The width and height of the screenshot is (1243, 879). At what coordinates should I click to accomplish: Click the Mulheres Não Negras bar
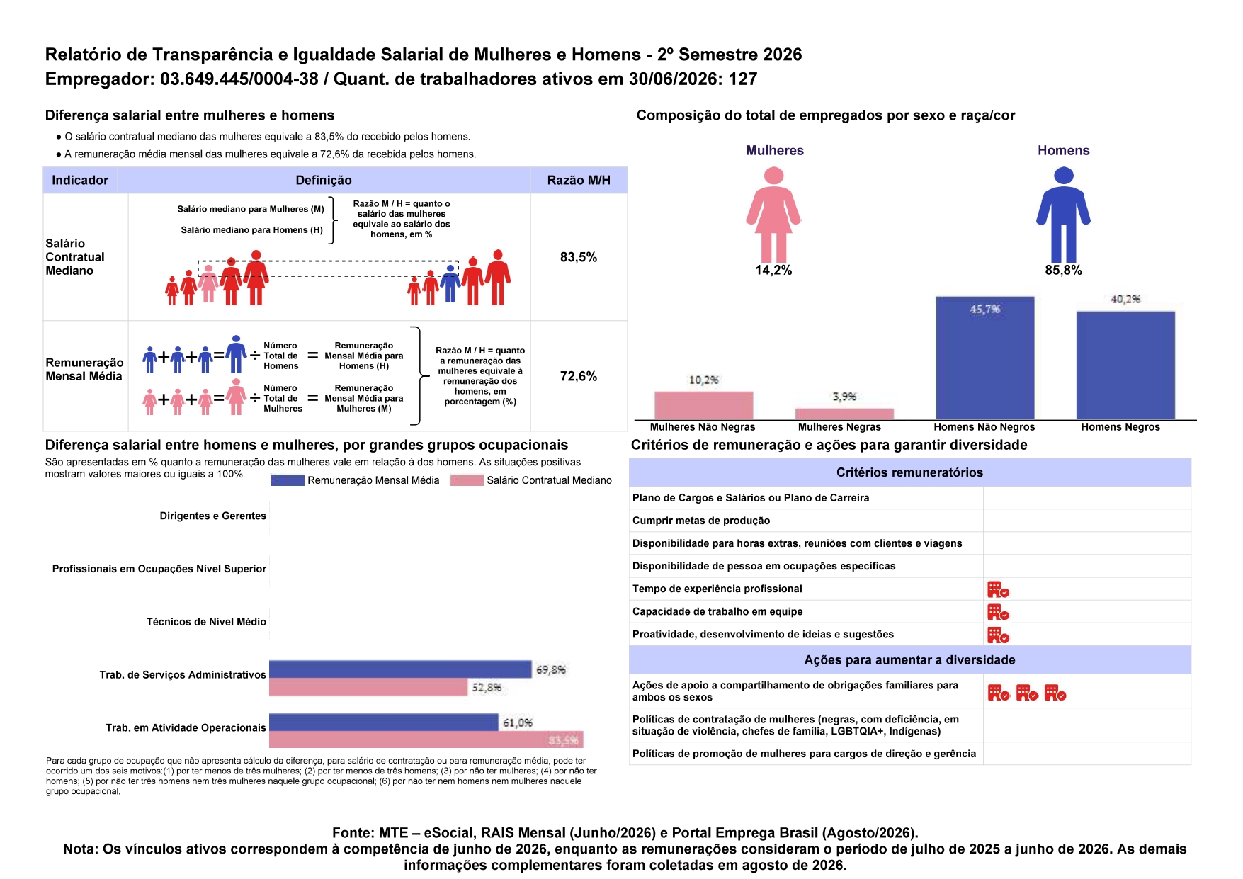(x=703, y=406)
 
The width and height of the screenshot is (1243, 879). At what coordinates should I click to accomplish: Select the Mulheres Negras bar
(x=844, y=414)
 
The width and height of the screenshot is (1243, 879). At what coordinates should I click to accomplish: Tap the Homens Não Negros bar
(x=984, y=358)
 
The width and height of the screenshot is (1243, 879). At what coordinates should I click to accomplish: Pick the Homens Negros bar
(x=1125, y=365)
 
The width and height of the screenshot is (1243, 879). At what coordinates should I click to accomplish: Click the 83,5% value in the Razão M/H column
(x=579, y=257)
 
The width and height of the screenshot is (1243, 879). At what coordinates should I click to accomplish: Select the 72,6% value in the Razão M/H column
(x=579, y=376)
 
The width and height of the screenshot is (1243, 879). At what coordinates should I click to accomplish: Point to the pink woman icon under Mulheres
(x=773, y=215)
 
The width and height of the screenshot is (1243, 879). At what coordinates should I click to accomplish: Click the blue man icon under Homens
(x=1064, y=215)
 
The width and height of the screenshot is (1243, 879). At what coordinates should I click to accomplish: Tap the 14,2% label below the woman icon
(x=773, y=271)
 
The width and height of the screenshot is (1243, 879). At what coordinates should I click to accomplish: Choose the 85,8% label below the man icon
(x=1064, y=271)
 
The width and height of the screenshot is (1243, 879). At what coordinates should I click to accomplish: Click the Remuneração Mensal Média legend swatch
(x=288, y=480)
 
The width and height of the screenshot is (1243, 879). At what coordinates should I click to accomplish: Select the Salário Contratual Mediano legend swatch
(x=467, y=480)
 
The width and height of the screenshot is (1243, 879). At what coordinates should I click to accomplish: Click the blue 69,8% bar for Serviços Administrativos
(x=400, y=669)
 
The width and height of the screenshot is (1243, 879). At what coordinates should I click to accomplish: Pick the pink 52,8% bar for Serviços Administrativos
(x=368, y=686)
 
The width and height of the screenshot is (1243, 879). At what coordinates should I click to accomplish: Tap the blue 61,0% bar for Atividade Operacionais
(x=384, y=722)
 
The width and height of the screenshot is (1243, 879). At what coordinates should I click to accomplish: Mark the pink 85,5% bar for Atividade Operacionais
(x=426, y=739)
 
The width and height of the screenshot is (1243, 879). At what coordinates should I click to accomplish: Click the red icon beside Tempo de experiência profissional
(x=998, y=589)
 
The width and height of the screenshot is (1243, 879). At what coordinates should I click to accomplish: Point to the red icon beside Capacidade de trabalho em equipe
(x=998, y=612)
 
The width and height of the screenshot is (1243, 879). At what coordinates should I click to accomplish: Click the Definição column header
(x=324, y=181)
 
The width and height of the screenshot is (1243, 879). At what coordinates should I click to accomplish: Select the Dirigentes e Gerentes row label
(x=213, y=516)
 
